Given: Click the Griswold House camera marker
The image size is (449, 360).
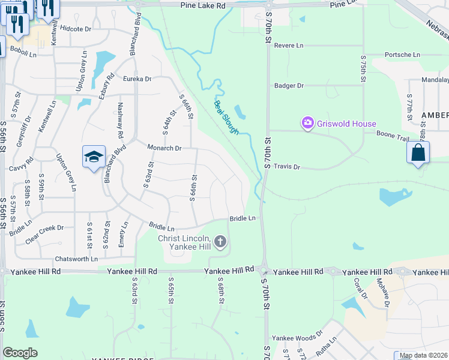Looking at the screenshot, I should [x=307, y=124].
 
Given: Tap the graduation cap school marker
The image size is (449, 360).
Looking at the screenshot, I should [x=94, y=157].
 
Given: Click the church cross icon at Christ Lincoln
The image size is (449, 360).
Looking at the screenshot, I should [x=220, y=242].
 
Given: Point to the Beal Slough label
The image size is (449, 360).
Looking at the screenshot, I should [x=226, y=117].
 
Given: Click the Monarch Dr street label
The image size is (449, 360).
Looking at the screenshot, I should [x=164, y=148].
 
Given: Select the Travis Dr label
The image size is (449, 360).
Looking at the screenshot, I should [x=286, y=167].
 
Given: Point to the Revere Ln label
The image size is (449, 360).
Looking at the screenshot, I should [x=289, y=46].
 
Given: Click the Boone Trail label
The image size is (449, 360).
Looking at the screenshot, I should [x=393, y=136].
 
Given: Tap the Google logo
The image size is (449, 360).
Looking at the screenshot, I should [x=20, y=352].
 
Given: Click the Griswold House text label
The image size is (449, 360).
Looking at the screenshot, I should [x=347, y=124].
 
